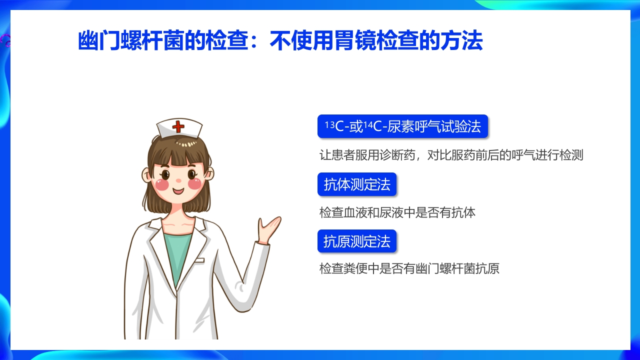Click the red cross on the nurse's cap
pos(178,126)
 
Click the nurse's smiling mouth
pos(178,190)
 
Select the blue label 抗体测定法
pos(357,184)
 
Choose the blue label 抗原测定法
pos(357,241)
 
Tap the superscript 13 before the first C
pos(329,124)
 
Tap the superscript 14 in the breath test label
pos(368,124)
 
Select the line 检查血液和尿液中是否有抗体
pos(397,212)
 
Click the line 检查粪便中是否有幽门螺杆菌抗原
pos(409,269)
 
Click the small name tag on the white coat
pos(199,260)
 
